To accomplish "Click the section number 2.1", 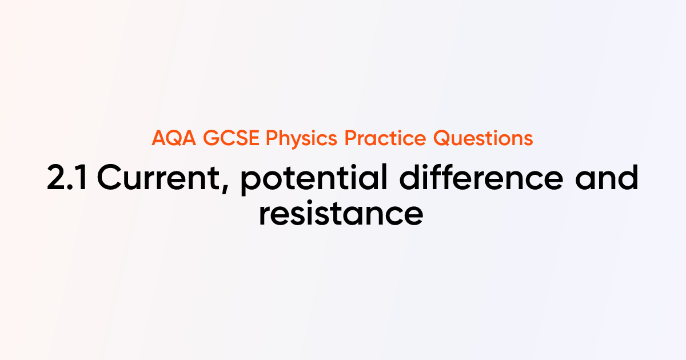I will click(67, 179).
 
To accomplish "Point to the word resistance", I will click(341, 213).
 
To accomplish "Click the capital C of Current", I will click(109, 179).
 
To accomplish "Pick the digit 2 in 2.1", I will click(57, 179).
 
